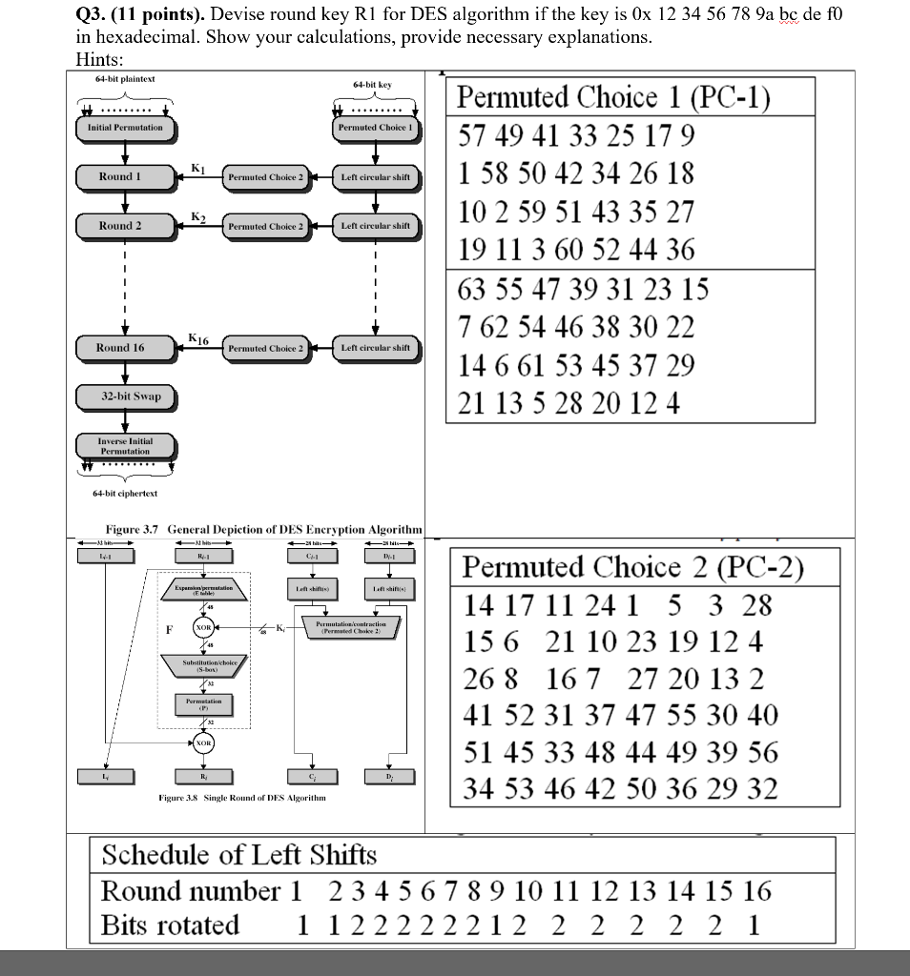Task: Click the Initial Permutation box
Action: pyautogui.click(x=125, y=128)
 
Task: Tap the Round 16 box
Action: pyautogui.click(x=120, y=348)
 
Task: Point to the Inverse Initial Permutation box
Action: pyautogui.click(x=125, y=446)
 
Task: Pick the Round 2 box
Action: pyautogui.click(x=120, y=226)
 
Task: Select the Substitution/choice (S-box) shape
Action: pyautogui.click(x=203, y=665)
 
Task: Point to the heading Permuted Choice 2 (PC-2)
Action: pyautogui.click(x=633, y=568)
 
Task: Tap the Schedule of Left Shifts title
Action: pyautogui.click(x=238, y=855)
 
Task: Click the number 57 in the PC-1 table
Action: pyautogui.click(x=471, y=135)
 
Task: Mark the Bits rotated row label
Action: pyautogui.click(x=170, y=925)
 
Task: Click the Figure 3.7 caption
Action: pyautogui.click(x=263, y=529)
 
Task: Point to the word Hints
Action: pyautogui.click(x=99, y=58)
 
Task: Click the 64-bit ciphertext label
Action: pyautogui.click(x=125, y=494)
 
